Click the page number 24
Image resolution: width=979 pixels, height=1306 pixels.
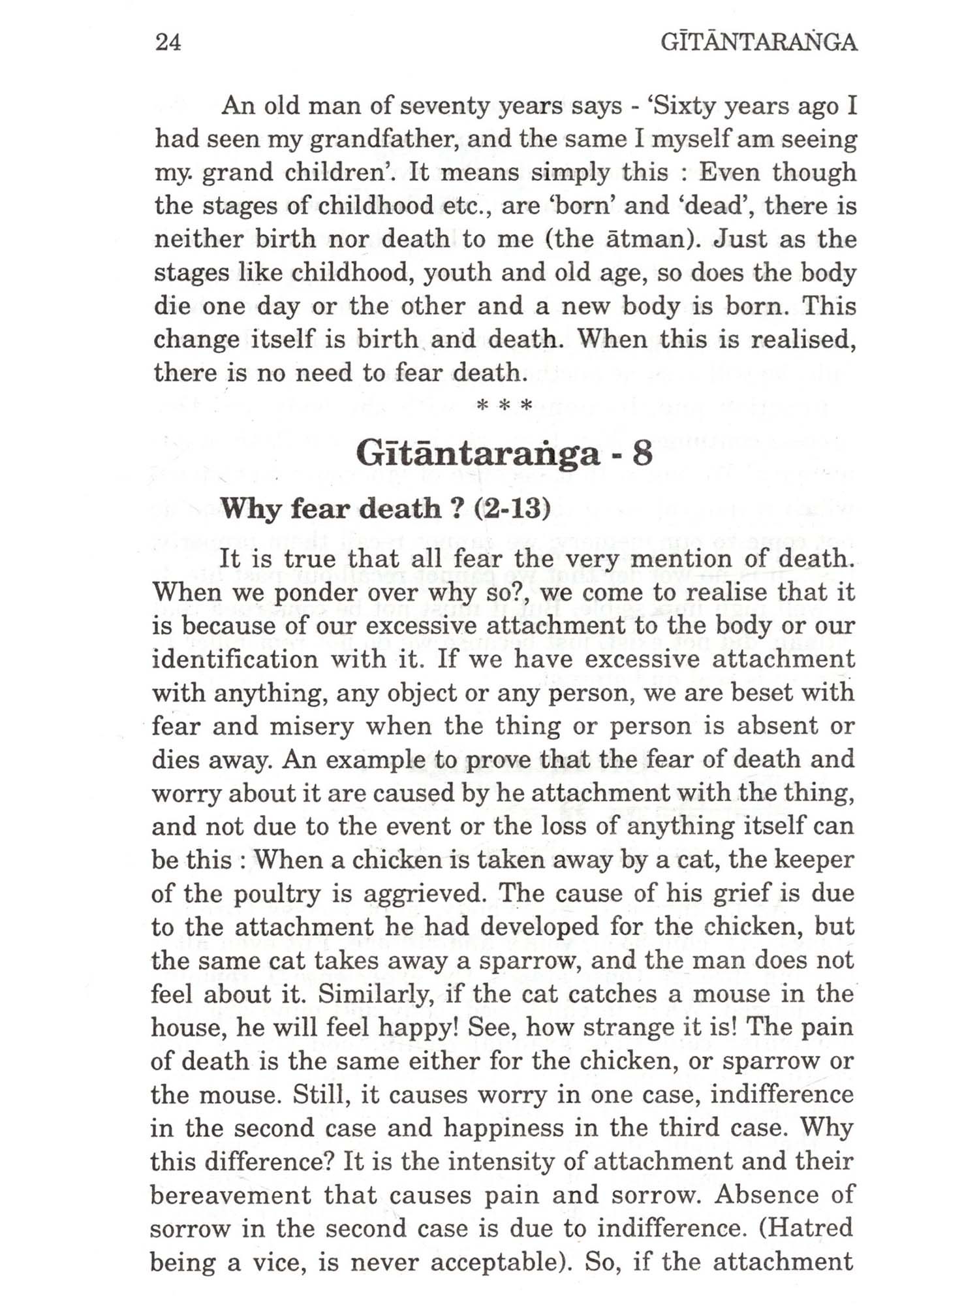point(168,42)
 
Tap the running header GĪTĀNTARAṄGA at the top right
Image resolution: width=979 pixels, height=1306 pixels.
point(758,42)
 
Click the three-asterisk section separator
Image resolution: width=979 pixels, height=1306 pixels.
point(505,406)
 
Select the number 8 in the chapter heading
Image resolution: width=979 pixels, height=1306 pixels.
point(642,453)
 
